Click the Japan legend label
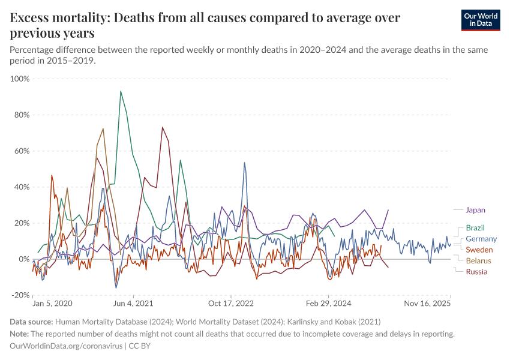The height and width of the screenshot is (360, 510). (475, 210)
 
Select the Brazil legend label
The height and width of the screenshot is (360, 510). (475, 228)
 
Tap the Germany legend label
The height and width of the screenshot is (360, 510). (481, 239)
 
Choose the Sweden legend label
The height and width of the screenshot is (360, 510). (479, 250)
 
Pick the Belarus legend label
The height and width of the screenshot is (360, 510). (478, 260)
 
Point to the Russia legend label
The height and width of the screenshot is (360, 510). (476, 272)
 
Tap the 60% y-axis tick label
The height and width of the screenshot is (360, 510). (21, 151)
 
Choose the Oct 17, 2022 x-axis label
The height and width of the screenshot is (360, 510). (232, 304)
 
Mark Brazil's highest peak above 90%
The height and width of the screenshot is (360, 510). (121, 91)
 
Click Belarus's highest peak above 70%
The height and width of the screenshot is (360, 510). (103, 128)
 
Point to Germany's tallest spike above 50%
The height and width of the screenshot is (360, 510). (244, 163)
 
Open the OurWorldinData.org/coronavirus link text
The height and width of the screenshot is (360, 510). (66, 346)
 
